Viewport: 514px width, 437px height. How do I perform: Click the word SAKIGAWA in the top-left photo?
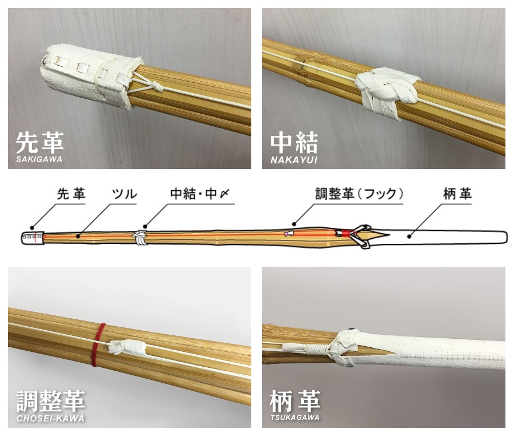point(39,159)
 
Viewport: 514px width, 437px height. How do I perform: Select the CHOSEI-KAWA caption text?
point(50,419)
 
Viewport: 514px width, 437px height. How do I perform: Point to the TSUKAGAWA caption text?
point(295,418)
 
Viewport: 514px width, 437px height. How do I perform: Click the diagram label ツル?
point(125,194)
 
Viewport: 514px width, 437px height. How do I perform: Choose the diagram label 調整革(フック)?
point(359,194)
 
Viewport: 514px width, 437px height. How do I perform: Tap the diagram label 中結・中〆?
point(200,194)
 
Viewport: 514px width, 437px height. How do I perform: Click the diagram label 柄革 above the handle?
point(457,194)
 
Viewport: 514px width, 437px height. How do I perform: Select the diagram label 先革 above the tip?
point(71,194)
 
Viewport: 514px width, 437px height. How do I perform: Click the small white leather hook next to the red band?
point(126,348)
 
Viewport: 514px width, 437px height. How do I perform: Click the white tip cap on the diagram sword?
point(33,238)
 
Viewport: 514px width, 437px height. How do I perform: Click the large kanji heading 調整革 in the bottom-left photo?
point(51,401)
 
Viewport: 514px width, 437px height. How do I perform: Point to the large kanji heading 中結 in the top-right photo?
point(294,143)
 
